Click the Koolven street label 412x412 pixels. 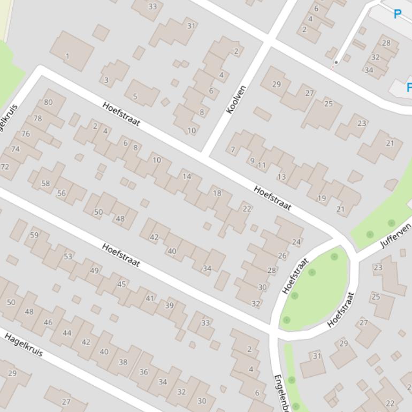tap(236, 100)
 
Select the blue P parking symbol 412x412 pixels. tap(397, 14)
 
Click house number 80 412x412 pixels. tap(48, 102)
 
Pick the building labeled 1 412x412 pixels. tap(67, 56)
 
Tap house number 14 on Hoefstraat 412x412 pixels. tap(186, 177)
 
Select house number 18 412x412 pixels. tap(217, 193)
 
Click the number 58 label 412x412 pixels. tap(45, 184)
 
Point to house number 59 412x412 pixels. tap(34, 235)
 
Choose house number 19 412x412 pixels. tap(322, 199)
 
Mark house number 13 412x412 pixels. tap(281, 177)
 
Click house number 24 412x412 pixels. tap(296, 242)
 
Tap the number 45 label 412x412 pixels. tap(121, 284)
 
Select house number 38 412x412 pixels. tap(123, 362)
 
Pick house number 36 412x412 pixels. tap(143, 372)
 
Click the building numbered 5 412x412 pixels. tap(135, 97)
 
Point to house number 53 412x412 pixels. tap(68, 257)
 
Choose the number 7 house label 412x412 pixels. tap(233, 150)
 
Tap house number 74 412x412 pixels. tap(15, 149)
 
